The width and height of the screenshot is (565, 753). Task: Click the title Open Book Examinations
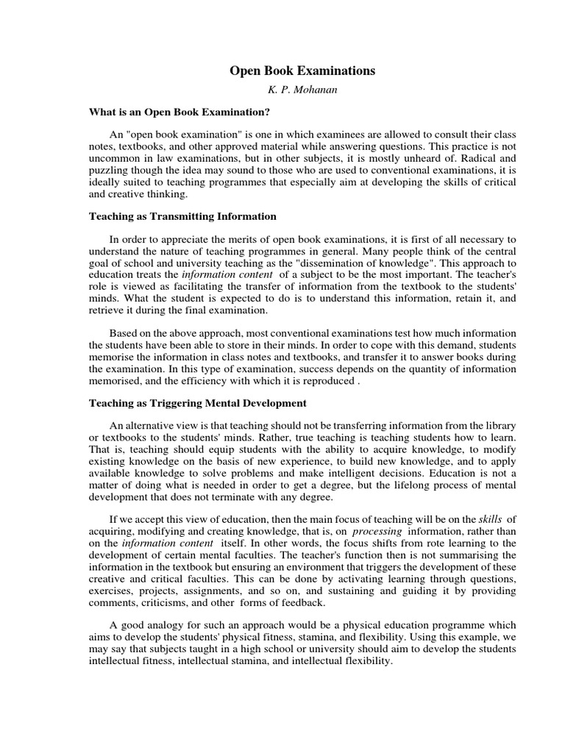[302, 71]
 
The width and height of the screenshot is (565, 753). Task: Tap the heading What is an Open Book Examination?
[180, 113]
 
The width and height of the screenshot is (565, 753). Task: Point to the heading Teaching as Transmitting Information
[182, 216]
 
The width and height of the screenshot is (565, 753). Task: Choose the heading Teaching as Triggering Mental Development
[197, 403]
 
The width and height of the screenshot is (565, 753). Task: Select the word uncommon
[113, 159]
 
